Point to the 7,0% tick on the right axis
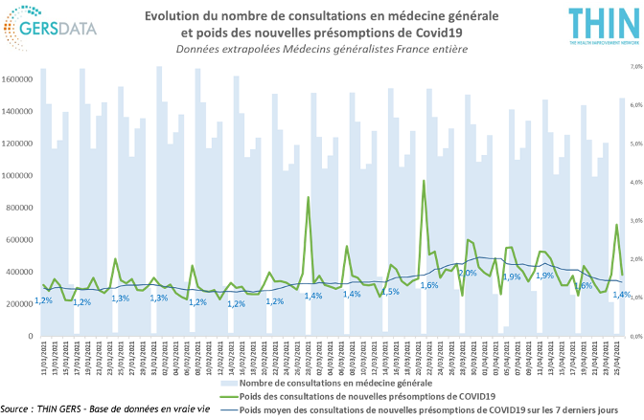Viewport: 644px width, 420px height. coord(634,67)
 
